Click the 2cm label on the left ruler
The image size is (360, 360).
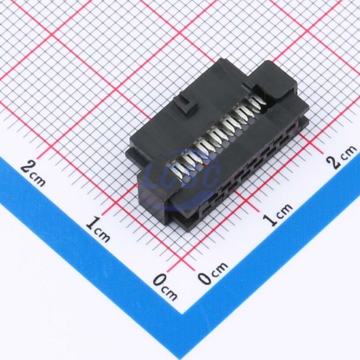[33, 173]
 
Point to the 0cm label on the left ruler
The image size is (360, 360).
[165, 287]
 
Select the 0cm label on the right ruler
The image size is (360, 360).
[213, 273]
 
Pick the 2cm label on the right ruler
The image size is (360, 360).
[342, 157]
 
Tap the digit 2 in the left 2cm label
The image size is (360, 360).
[27, 167]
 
